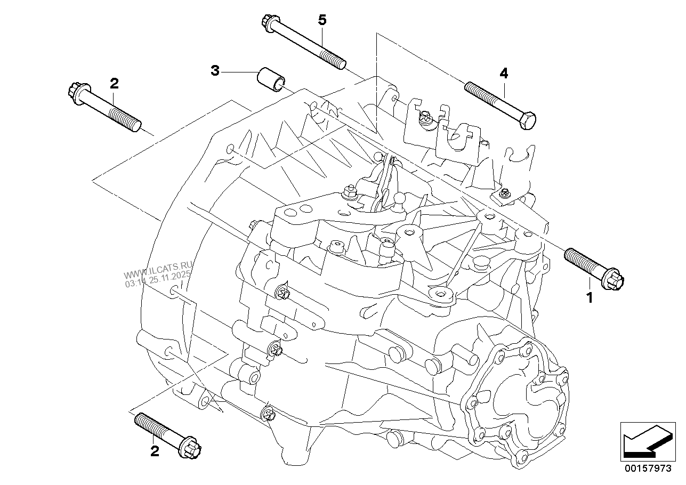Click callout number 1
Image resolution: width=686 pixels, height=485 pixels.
click(590, 298)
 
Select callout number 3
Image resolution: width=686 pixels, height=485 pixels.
click(215, 71)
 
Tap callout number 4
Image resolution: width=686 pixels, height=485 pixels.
click(504, 74)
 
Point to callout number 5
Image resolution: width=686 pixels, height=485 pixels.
click(322, 20)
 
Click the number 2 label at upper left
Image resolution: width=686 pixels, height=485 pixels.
click(114, 83)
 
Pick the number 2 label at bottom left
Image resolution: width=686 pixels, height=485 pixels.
click(155, 451)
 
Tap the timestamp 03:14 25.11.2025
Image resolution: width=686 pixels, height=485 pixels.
click(158, 279)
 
